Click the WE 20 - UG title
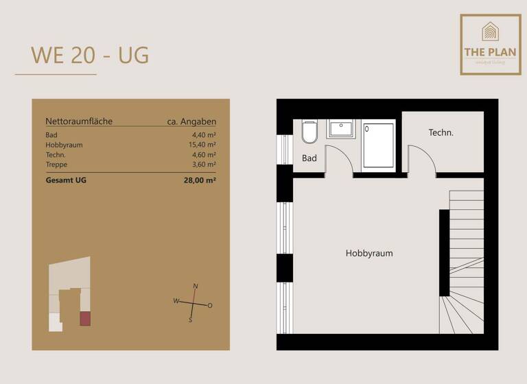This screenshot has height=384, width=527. [90, 55]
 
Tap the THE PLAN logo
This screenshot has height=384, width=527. [490, 44]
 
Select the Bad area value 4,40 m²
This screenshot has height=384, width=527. [204, 135]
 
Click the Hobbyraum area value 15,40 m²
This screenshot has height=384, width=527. [202, 145]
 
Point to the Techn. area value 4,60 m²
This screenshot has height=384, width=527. [204, 155]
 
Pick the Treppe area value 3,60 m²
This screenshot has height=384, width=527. [204, 165]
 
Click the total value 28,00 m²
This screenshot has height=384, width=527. [199, 180]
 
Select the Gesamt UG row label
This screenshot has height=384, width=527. [66, 180]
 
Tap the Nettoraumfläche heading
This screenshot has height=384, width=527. [79, 121]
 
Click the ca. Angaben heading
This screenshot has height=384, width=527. [191, 121]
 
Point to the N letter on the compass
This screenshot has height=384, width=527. [196, 286]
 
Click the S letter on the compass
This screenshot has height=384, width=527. [191, 320]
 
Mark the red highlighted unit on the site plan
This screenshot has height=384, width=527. [85, 318]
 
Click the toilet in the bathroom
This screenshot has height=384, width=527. [309, 132]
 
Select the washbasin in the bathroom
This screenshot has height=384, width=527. [340, 129]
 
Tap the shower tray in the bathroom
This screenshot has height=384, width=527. [378, 145]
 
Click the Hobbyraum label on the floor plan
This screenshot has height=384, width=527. [369, 253]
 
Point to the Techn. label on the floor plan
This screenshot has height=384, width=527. [441, 132]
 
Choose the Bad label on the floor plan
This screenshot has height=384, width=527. [309, 158]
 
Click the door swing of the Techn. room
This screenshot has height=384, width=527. [420, 159]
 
